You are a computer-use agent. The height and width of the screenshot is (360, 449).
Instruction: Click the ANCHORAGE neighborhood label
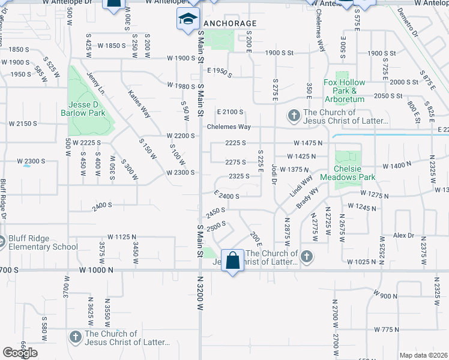pos(230,23)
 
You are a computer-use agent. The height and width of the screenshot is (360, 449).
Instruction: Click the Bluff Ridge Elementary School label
pos(43,242)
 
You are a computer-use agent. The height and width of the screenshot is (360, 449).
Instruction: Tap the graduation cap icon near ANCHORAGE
pos(188,19)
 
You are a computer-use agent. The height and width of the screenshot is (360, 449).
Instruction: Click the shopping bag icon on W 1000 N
pos(233,261)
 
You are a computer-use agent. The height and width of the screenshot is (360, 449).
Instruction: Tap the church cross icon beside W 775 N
pos(76,338)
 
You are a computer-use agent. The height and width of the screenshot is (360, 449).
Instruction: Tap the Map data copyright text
pos(423,355)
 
